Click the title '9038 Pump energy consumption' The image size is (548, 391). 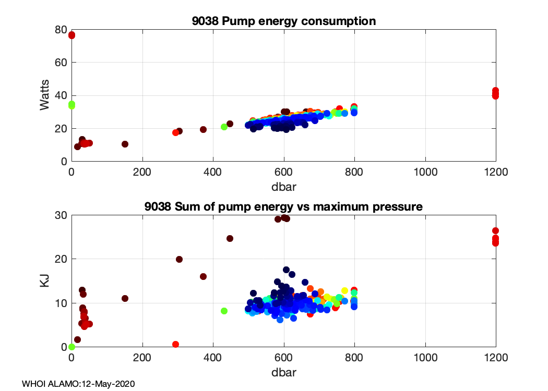(283, 21)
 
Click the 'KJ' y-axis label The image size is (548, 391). (45, 281)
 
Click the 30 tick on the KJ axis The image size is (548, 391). (61, 215)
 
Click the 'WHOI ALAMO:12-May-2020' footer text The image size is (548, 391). (78, 384)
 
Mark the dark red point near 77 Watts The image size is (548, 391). (72, 35)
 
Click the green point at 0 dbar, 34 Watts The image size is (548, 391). (72, 105)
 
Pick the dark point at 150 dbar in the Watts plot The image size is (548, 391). (125, 144)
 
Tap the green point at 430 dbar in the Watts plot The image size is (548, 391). (224, 127)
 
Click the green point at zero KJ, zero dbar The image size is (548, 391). (72, 347)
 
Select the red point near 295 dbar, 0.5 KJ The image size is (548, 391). (175, 344)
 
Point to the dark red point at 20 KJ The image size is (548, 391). (179, 259)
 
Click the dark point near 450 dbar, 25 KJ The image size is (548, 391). (230, 238)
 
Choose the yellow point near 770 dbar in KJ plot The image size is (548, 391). (344, 290)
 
